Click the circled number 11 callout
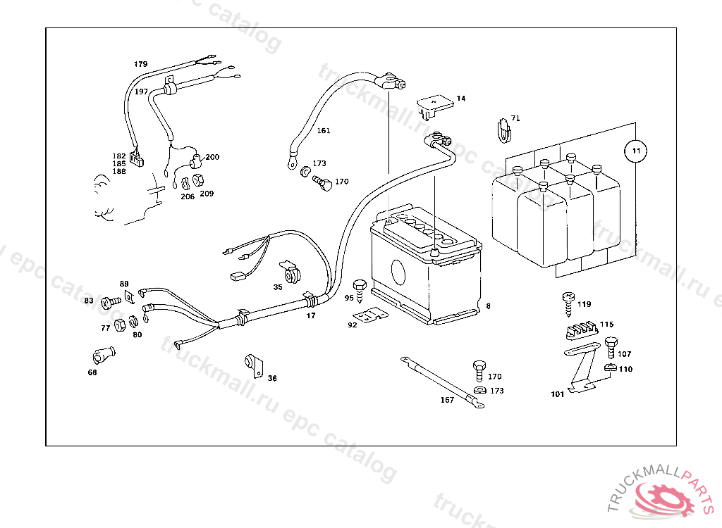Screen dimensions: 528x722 point(635,151)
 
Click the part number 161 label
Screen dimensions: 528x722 point(323,131)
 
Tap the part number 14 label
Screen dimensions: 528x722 point(460,99)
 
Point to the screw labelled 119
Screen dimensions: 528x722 point(567,302)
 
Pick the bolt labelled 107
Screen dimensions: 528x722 point(611,346)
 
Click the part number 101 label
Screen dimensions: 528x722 point(557,394)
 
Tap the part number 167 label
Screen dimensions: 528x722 point(447,400)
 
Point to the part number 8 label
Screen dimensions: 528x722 point(488,306)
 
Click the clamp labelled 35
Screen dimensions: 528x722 point(288,271)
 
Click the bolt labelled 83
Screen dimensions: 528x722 point(109,302)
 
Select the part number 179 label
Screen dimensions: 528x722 point(141,64)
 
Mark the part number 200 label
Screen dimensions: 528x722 point(212,157)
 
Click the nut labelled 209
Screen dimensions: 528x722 point(198,180)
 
